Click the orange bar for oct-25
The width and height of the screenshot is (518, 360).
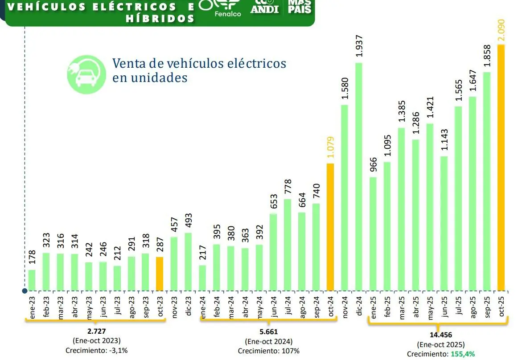(501, 167)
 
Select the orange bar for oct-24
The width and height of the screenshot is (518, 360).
(330, 226)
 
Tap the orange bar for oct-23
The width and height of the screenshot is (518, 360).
(160, 273)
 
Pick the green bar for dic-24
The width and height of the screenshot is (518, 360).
(359, 176)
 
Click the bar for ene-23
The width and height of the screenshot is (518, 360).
(32, 279)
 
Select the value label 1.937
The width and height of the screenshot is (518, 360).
(359, 46)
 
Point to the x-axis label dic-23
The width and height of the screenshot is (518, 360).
(189, 306)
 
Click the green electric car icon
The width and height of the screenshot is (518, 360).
(86, 74)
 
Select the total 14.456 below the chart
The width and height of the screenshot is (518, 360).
(441, 335)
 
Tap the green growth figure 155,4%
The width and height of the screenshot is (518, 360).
(462, 354)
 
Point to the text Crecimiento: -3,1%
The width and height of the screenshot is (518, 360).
(97, 350)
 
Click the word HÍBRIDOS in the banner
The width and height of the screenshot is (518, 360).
(160, 19)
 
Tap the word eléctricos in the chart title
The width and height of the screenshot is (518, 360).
(255, 63)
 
